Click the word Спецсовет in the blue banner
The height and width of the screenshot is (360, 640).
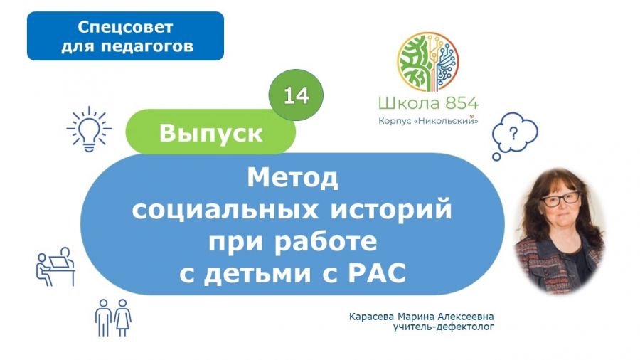click(125, 27)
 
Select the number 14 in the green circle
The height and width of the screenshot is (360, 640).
click(296, 96)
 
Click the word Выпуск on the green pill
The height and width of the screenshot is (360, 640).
click(210, 133)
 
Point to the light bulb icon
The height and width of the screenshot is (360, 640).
click(89, 129)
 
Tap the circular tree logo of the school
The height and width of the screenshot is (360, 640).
click(428, 62)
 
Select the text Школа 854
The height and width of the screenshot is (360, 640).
click(428, 103)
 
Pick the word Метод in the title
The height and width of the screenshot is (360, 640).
click(293, 178)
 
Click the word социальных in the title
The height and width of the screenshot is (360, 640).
click(225, 210)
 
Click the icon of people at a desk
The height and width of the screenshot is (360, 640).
click(55, 267)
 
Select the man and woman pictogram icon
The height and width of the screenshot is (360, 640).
click(113, 317)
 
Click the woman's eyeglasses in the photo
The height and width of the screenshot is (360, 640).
click(560, 198)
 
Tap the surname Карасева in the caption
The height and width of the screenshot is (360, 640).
click(371, 317)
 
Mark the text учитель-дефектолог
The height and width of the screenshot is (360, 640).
click(444, 327)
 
